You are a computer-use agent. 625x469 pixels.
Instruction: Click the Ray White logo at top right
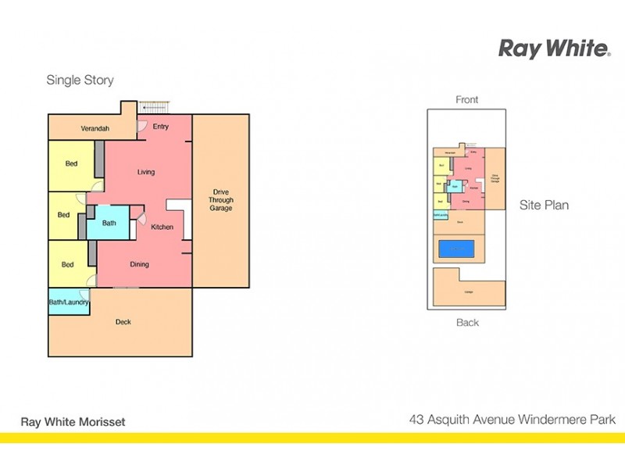[x=554, y=48]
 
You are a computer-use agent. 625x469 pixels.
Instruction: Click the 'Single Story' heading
[x=80, y=80]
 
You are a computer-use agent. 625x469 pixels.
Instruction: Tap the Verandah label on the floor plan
[x=95, y=128]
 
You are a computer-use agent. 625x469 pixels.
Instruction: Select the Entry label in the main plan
[x=161, y=127]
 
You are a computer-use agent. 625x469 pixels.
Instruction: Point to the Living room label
[x=146, y=172]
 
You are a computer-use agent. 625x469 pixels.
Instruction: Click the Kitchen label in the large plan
[x=162, y=227]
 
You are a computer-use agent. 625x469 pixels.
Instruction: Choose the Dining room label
[x=139, y=264]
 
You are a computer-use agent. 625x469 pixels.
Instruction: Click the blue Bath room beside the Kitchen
[x=109, y=223]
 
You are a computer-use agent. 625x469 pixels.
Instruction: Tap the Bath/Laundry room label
[x=69, y=302]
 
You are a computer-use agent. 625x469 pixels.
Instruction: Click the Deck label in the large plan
[x=123, y=322]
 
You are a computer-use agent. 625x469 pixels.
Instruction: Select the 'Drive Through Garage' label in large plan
[x=221, y=200]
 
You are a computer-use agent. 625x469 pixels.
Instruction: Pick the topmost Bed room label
[x=71, y=163]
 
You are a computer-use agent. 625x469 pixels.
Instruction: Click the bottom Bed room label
[x=68, y=264]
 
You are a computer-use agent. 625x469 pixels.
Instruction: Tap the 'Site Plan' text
[x=544, y=205]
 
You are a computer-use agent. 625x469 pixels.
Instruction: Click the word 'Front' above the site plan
[x=467, y=99]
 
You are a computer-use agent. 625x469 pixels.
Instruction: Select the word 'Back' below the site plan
[x=467, y=322]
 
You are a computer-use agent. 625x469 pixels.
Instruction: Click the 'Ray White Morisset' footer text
[x=73, y=421]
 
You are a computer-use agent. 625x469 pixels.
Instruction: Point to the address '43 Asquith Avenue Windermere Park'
[x=512, y=420]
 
